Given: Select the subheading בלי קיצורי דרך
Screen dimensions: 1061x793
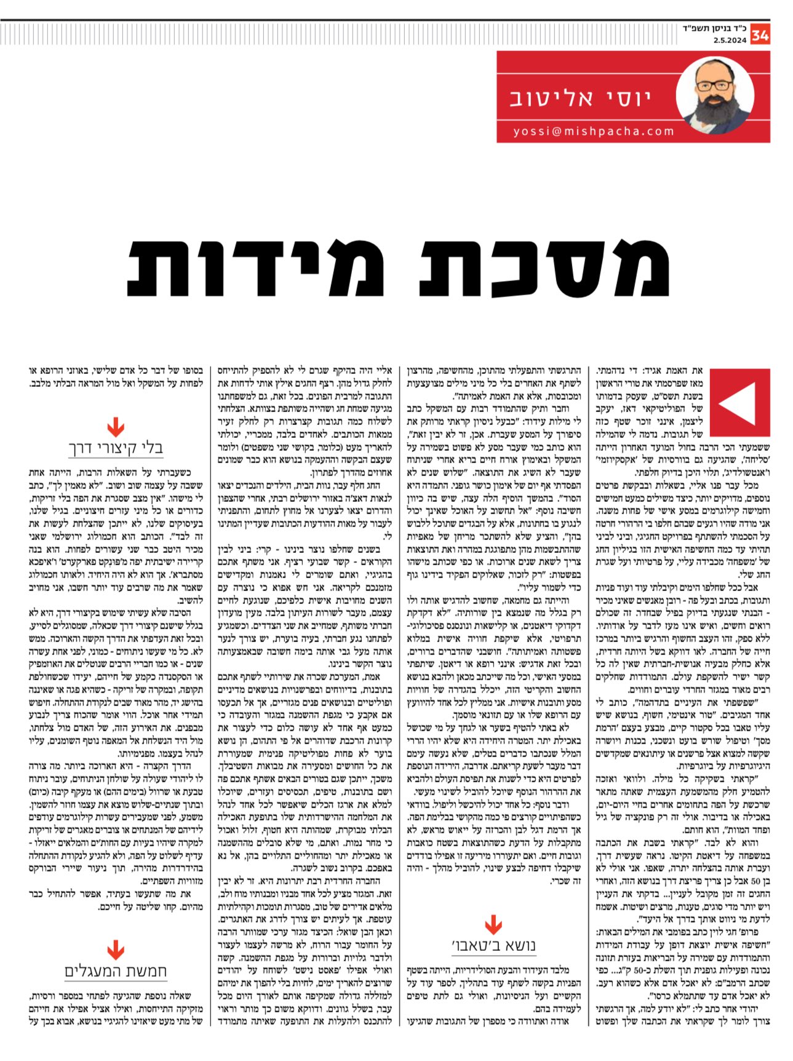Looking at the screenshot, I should click(116, 448).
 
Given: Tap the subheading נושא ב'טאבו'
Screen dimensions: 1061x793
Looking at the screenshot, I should click(493, 945).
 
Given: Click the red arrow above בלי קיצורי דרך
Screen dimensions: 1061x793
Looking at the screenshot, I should click(116, 426).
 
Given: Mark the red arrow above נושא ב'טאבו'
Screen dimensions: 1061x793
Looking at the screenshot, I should click(493, 924).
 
